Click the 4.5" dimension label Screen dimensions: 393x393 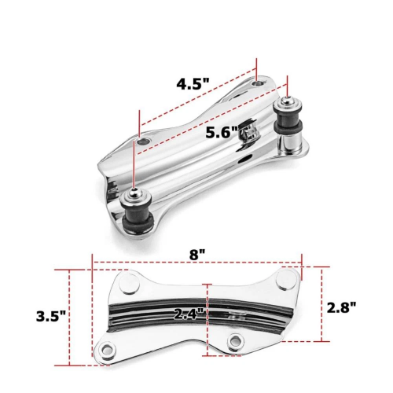(x=193, y=84)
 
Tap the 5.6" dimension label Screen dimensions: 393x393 (x=222, y=132)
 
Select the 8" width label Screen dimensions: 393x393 (x=197, y=255)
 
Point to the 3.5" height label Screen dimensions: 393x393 (x=51, y=316)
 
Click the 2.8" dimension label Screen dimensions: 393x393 (x=342, y=307)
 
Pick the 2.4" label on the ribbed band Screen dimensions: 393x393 (x=189, y=313)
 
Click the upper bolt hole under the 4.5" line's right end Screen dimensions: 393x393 (x=258, y=83)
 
